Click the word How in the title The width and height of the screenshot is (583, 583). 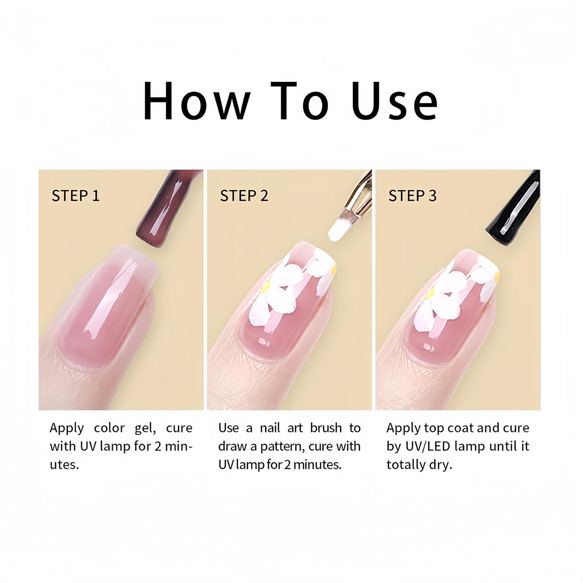197,101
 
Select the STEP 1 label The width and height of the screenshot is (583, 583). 75,196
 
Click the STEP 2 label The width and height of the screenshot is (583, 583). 244,196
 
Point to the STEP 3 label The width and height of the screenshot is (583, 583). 412,196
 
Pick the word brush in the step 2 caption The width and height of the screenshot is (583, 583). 326,428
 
